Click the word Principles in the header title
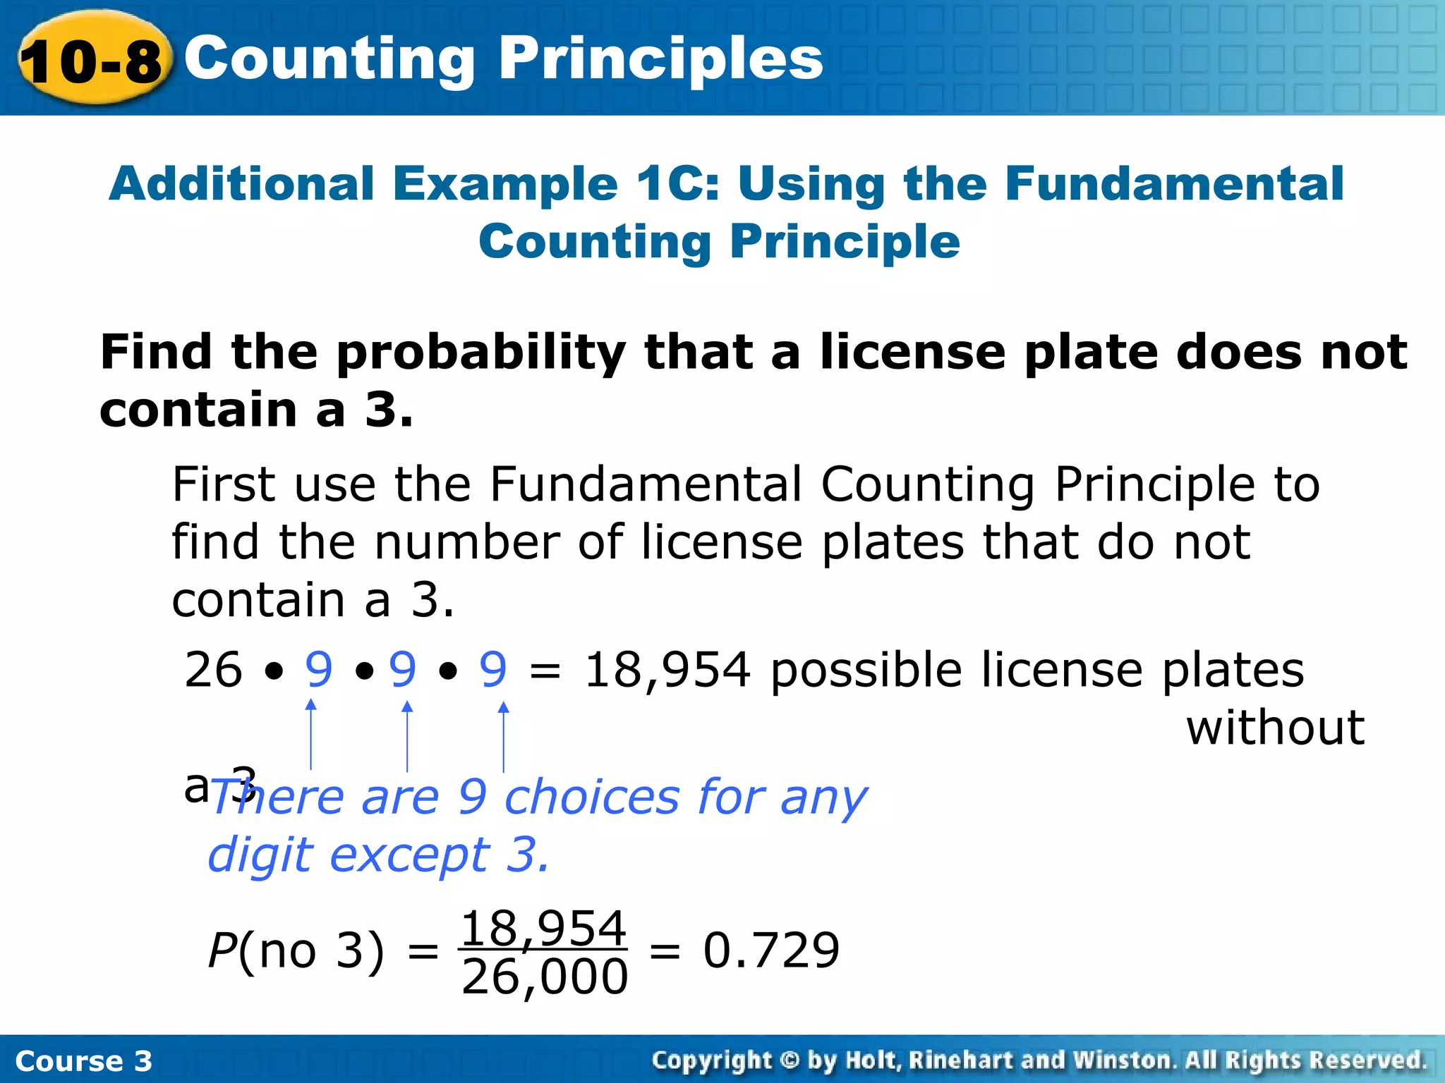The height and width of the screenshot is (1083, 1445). (661, 59)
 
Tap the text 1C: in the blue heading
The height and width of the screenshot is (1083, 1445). (678, 184)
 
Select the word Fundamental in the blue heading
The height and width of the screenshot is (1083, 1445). (1175, 184)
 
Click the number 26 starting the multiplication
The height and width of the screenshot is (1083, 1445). (213, 669)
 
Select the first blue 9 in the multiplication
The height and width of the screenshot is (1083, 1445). (318, 669)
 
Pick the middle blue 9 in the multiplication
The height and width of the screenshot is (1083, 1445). (403, 669)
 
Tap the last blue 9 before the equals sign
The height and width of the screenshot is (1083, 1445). (493, 669)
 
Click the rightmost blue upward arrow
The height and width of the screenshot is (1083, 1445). (503, 736)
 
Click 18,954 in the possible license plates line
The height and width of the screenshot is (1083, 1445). (667, 670)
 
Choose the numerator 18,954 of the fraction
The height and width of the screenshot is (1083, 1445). (543, 929)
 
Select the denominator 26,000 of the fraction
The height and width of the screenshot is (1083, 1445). (544, 977)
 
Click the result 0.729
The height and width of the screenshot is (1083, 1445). (771, 950)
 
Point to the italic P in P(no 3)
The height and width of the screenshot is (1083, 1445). (222, 950)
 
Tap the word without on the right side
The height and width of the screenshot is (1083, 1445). (1275, 728)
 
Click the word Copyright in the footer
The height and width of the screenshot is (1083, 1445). (712, 1060)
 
